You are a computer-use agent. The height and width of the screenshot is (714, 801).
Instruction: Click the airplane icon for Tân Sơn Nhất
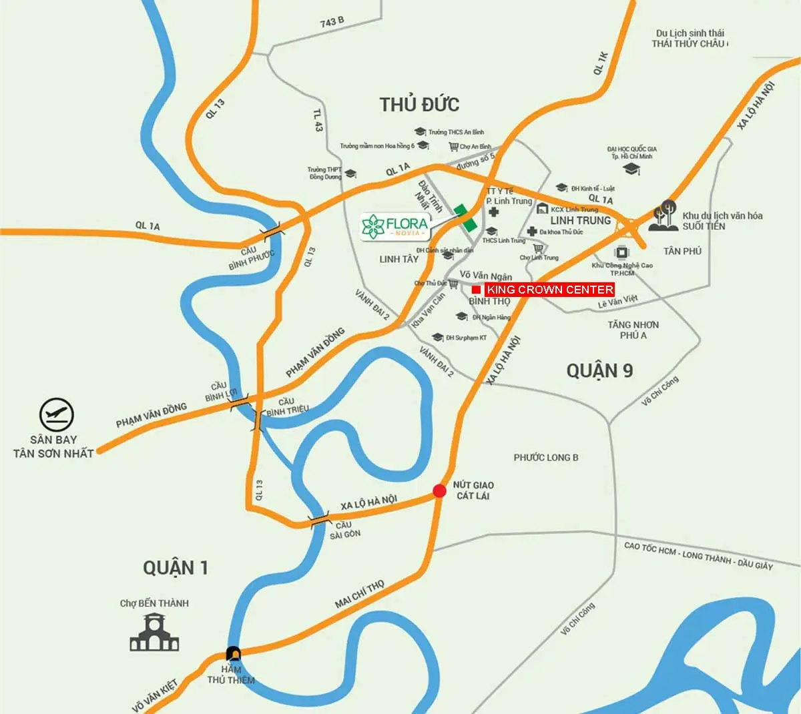tap(57, 415)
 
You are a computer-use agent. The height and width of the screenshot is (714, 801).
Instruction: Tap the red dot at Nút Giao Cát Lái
tap(439, 491)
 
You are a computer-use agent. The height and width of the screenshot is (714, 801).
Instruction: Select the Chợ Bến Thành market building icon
tap(154, 633)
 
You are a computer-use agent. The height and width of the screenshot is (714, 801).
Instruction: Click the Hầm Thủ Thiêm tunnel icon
tap(234, 653)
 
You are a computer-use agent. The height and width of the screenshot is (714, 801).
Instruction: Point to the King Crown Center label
tap(549, 290)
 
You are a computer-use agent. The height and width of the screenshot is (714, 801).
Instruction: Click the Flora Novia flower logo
tap(372, 227)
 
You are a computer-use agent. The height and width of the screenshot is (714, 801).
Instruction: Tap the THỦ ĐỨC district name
tap(419, 105)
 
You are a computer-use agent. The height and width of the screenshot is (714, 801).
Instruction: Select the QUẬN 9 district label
tap(599, 371)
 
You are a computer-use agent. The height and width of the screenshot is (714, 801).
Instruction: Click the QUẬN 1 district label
tap(176, 568)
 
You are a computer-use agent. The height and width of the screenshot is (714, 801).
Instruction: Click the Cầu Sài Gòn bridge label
tap(344, 530)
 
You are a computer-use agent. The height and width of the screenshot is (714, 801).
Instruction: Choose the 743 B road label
tap(332, 22)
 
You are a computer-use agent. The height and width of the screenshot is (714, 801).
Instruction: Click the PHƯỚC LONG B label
tap(546, 458)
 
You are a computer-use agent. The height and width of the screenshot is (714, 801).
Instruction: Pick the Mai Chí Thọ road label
tap(360, 595)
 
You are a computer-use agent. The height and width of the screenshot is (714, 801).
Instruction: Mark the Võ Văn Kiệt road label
tap(156, 695)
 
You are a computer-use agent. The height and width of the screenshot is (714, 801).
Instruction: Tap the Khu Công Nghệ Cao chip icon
tap(622, 252)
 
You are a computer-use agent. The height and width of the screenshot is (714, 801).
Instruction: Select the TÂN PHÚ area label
tap(682, 252)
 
